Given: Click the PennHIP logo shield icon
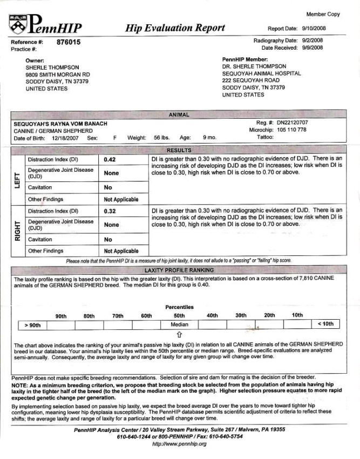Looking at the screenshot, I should coord(17,22).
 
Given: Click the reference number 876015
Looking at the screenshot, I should coord(69,42).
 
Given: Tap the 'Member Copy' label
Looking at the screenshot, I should coord(323,14).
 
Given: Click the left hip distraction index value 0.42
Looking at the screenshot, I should coord(110,160).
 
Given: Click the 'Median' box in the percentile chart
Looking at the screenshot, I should coord(179,325).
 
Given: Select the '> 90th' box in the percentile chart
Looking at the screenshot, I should coord(33,325).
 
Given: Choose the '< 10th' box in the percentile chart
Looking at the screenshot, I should coord(327,325).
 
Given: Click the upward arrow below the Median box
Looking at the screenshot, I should coord(179,335).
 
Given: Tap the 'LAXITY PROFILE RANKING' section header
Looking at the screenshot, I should coord(179,270).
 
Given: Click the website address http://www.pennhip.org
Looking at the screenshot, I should coord(179,444).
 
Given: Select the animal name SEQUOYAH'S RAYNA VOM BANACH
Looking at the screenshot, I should coord(60,124).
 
